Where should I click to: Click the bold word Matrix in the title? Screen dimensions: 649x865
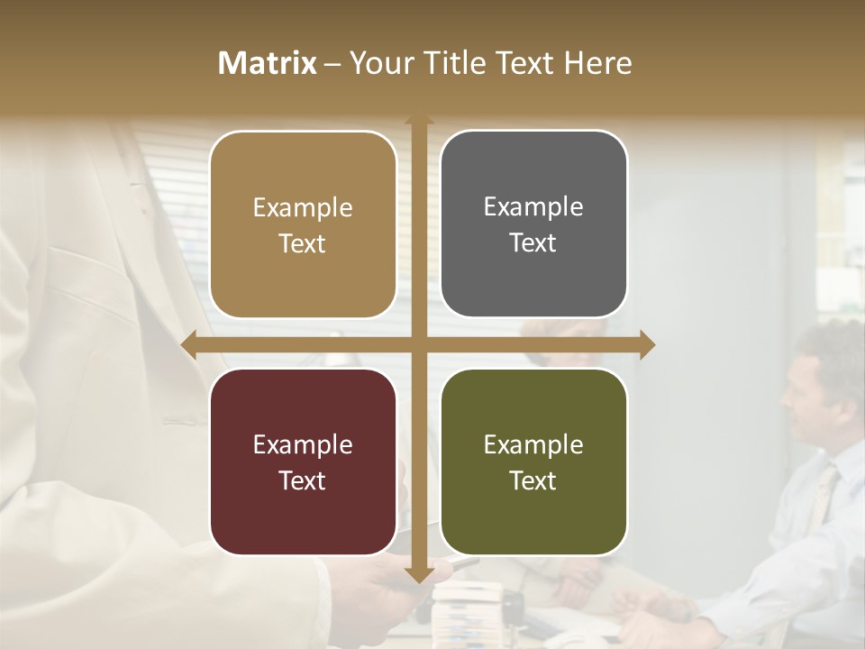(x=268, y=63)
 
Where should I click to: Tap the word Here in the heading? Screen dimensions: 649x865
(x=597, y=63)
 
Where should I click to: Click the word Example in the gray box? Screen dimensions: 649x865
(x=533, y=207)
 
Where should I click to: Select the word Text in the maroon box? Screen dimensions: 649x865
(x=302, y=480)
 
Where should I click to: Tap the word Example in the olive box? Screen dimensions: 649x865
(x=533, y=444)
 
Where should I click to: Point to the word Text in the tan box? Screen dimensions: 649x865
(x=302, y=243)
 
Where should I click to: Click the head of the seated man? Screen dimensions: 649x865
(x=815, y=379)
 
